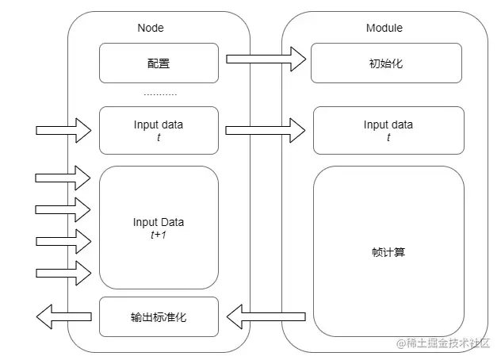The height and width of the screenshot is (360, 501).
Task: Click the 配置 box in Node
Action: [x=159, y=63]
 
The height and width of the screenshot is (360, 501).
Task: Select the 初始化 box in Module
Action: [x=387, y=63]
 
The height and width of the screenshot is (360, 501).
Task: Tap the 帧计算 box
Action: [x=388, y=252]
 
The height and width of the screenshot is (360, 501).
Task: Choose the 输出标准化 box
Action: [x=159, y=317]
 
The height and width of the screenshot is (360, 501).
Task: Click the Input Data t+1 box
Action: [x=159, y=228]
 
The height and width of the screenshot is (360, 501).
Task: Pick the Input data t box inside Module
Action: [x=388, y=130]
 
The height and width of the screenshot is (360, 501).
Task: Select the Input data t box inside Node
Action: [x=159, y=130]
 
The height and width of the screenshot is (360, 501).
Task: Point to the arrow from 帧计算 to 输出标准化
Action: [x=266, y=318]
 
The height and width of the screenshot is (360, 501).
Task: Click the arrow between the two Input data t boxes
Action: [x=266, y=128]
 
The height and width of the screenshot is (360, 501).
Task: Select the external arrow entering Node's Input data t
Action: [x=63, y=128]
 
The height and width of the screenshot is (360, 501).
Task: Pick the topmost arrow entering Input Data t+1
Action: [x=63, y=178]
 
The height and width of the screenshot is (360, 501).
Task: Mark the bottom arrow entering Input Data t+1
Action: [x=63, y=272]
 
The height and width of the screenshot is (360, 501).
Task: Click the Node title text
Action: [x=151, y=29]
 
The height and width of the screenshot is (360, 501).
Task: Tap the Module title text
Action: [x=384, y=29]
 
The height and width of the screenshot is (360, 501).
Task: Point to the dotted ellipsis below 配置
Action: [x=160, y=94]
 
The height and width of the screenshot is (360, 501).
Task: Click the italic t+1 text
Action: [x=159, y=235]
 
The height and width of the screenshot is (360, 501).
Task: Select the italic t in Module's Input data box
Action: [x=388, y=136]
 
